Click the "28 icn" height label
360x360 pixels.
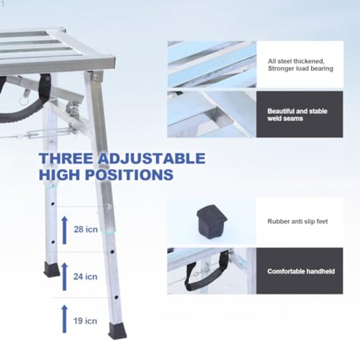coord(86,229)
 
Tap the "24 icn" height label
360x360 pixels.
coord(86,276)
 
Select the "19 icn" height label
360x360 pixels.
coord(85,321)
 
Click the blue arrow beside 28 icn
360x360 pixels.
coord(64,230)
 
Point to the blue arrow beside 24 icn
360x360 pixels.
coord(64,277)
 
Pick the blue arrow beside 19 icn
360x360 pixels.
coord(65,319)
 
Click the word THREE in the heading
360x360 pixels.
coord(66,158)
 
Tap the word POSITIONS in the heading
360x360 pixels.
coord(129,174)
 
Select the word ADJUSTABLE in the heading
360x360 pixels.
coord(152,158)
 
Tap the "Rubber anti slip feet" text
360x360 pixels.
coord(298,221)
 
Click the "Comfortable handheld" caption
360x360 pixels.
coord(301,271)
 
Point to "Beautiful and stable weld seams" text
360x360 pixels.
coord(297,115)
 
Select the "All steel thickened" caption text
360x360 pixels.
coord(296,61)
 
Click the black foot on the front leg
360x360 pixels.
coord(118,330)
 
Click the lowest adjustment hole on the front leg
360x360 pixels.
coord(116,298)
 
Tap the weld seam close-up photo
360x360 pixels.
coord(212,114)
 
